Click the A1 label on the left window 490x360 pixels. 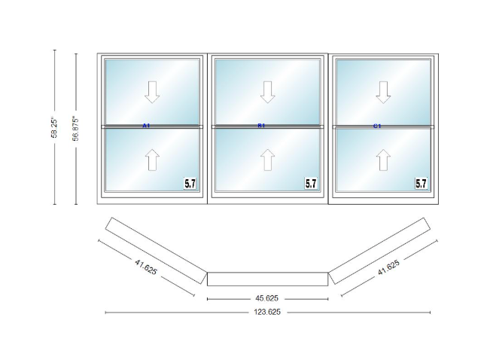(146, 126)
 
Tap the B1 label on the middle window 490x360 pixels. (261, 126)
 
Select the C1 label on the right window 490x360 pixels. (377, 126)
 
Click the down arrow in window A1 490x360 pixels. (153, 91)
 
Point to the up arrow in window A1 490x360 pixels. (153, 160)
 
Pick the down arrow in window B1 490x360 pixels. (268, 91)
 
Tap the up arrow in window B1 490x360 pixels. (268, 160)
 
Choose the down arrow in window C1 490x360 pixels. (384, 91)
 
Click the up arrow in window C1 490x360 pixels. (384, 160)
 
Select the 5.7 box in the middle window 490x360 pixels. (311, 182)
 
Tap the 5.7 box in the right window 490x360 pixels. (422, 182)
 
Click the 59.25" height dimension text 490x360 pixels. (54, 127)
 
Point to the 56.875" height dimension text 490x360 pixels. (75, 127)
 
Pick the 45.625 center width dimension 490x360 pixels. (267, 297)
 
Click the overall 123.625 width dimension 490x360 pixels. (267, 311)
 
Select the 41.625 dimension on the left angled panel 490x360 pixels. (146, 267)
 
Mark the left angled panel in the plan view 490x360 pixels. (156, 248)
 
